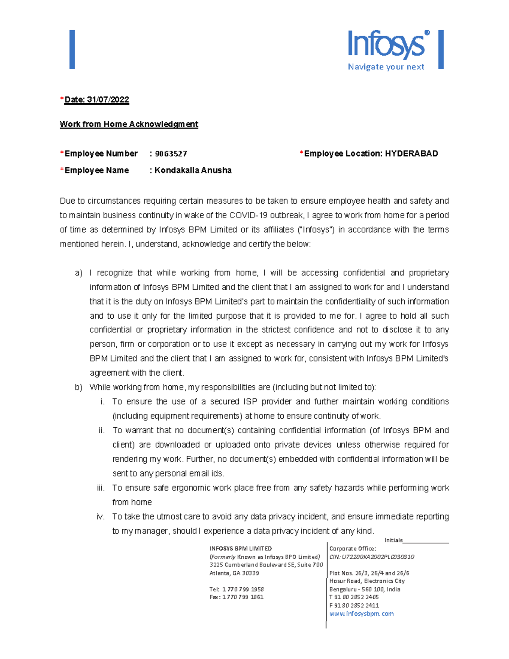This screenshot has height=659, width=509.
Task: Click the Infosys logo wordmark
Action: point(386,45)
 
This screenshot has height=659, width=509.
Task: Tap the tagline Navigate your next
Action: point(386,67)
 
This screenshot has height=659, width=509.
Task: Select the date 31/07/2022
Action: point(108,100)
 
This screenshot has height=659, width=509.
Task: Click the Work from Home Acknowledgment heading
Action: point(129,124)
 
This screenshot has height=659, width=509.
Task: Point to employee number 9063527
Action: point(171,154)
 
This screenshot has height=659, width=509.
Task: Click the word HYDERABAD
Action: point(411,154)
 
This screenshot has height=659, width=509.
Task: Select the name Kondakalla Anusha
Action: point(193,171)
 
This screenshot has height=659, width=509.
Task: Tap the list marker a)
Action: point(78,273)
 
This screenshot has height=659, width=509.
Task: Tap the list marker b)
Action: point(78,387)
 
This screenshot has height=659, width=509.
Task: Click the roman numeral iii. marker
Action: point(101,488)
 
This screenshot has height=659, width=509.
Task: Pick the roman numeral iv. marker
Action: point(100,517)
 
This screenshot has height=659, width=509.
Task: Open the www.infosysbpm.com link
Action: point(361,614)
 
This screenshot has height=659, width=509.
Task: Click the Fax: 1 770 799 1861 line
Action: point(236,597)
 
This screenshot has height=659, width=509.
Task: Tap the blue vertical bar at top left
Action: point(72,49)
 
